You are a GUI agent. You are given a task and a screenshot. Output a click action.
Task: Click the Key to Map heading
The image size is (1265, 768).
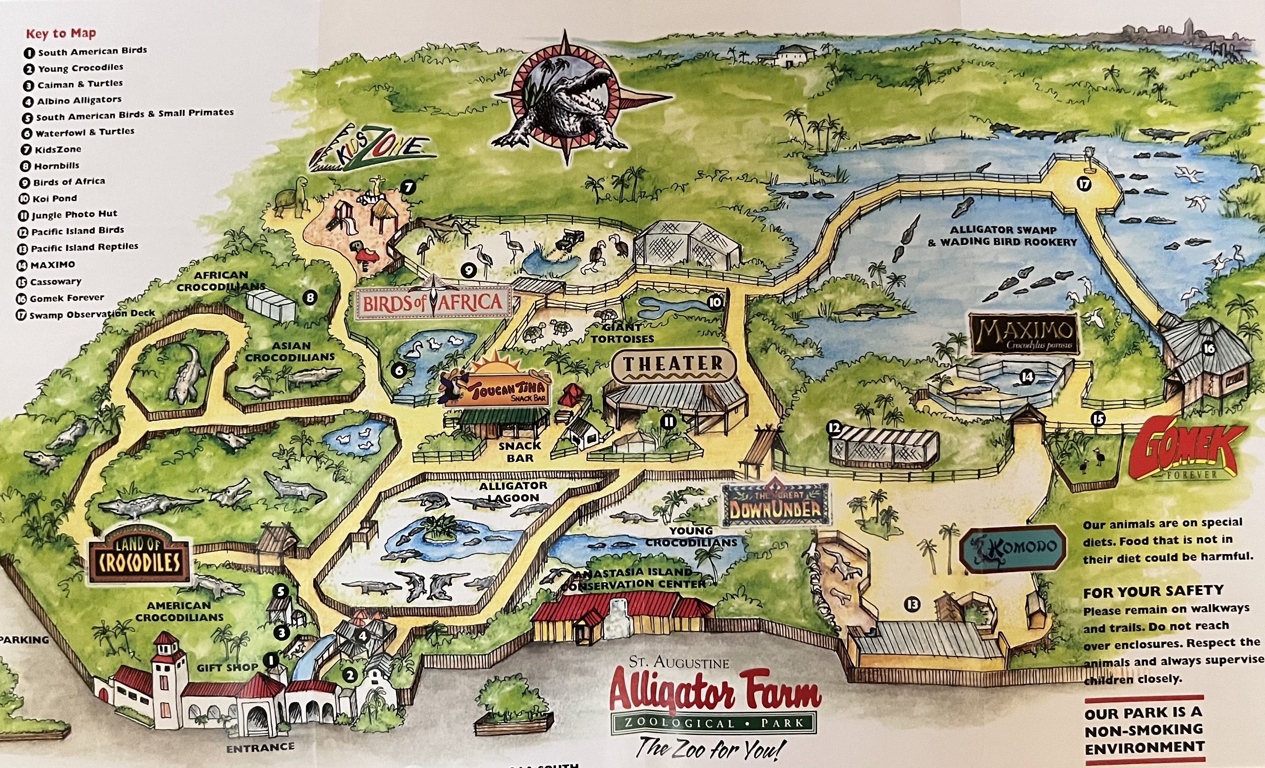(x=61, y=34)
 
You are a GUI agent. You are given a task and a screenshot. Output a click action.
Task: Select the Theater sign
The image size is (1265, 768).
(x=674, y=365)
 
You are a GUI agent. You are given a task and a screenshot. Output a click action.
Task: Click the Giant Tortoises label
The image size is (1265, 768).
(x=622, y=333)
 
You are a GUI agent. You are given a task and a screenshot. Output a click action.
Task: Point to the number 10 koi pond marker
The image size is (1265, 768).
(x=715, y=302)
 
